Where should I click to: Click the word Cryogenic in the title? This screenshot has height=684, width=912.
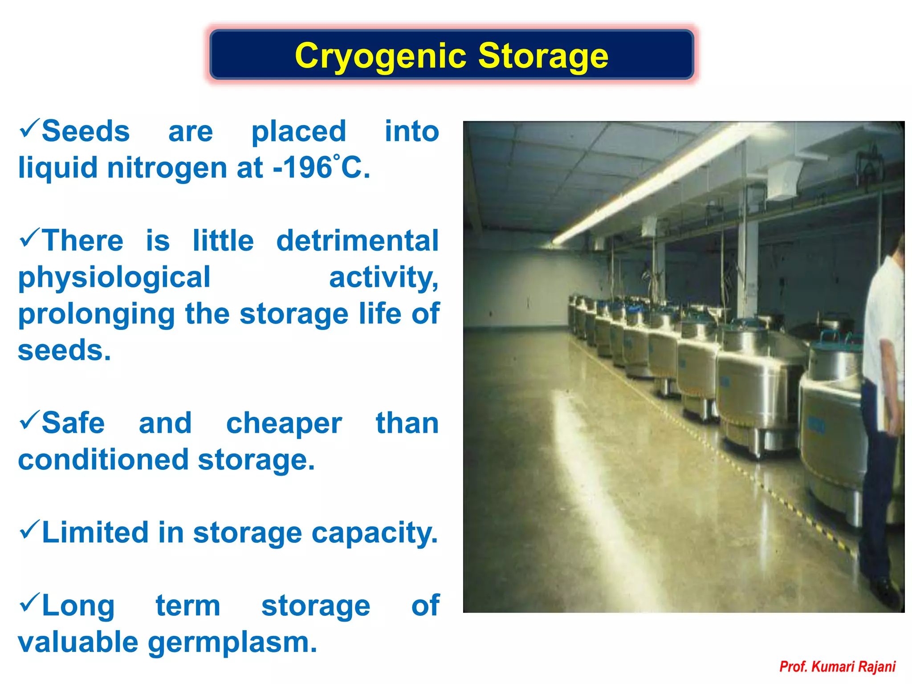pyautogui.click(x=381, y=56)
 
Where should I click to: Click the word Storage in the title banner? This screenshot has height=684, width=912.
pyautogui.click(x=543, y=56)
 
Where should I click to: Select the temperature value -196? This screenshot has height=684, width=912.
pyautogui.click(x=302, y=168)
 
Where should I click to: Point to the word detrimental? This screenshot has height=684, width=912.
pyautogui.click(x=357, y=241)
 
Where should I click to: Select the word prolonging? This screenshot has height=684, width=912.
pyautogui.click(x=96, y=314)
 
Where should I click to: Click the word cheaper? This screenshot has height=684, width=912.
pyautogui.click(x=284, y=423)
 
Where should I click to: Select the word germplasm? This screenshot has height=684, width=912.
pyautogui.click(x=232, y=643)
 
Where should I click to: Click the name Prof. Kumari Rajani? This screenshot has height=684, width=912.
pyautogui.click(x=837, y=667)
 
